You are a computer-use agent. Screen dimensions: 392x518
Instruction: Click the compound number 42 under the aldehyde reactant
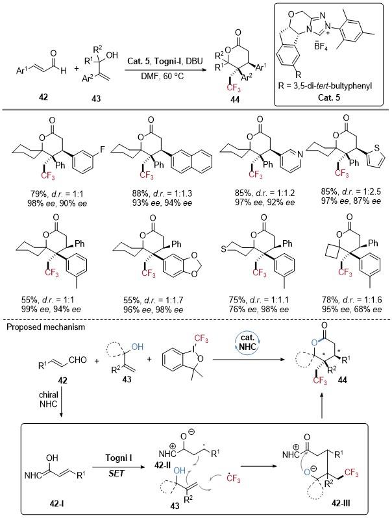tap(43, 97)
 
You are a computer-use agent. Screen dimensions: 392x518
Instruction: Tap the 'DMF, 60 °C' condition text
tap(163, 76)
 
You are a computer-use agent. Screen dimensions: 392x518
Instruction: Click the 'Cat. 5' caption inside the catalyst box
tap(328, 97)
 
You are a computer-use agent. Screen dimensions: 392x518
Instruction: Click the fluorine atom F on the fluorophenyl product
tap(103, 149)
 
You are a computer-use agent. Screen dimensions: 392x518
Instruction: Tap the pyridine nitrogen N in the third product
tap(300, 153)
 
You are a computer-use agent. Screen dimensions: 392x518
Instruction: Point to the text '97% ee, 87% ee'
tap(350, 201)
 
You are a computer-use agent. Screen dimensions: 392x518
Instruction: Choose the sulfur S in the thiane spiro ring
tap(224, 250)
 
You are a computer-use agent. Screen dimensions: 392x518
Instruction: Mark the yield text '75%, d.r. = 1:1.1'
tap(258, 300)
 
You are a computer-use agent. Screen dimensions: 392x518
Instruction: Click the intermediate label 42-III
tap(340, 503)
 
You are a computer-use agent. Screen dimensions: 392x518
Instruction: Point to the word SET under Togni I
tap(117, 473)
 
